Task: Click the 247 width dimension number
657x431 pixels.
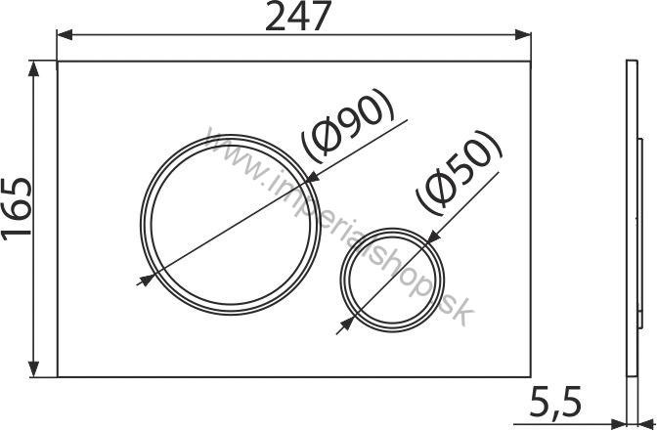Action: click(x=294, y=18)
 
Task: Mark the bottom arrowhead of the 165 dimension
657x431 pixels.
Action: click(x=37, y=372)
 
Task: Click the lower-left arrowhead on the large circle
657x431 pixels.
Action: click(x=147, y=280)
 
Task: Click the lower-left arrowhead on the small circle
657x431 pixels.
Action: click(x=345, y=323)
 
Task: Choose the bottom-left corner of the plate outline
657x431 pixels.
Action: click(x=58, y=377)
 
